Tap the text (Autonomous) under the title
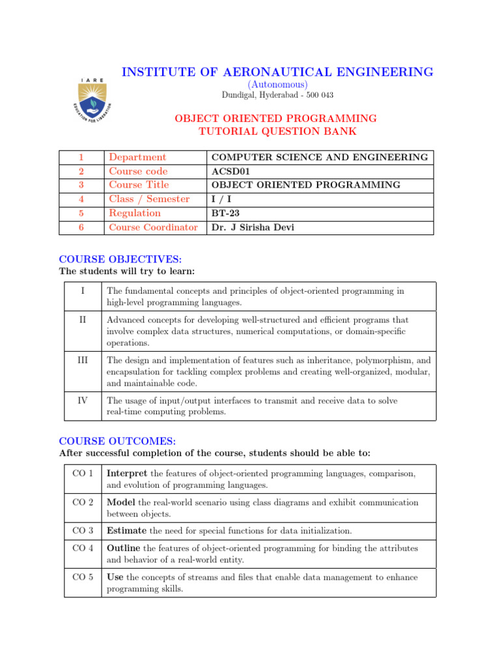coord(277,85)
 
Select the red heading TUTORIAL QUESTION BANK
coord(277,132)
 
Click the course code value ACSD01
coord(230,171)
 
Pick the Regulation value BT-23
coord(225,213)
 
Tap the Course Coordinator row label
coord(153,227)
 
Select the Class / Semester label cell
coord(149,199)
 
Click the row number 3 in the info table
coord(81,185)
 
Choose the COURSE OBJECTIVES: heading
coord(115,259)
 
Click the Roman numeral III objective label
coord(83,360)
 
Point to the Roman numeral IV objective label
coord(83,401)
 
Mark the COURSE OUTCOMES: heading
coord(113,441)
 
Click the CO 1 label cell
coord(83,473)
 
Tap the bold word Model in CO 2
coord(121,503)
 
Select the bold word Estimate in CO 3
coord(127,531)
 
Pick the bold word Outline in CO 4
coord(124,548)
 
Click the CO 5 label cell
coord(83,577)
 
